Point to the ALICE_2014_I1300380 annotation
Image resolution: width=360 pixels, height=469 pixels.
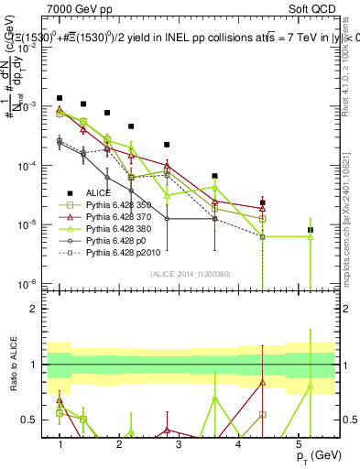[x=191, y=274]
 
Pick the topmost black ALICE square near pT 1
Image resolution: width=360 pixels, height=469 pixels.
[x=60, y=97]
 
